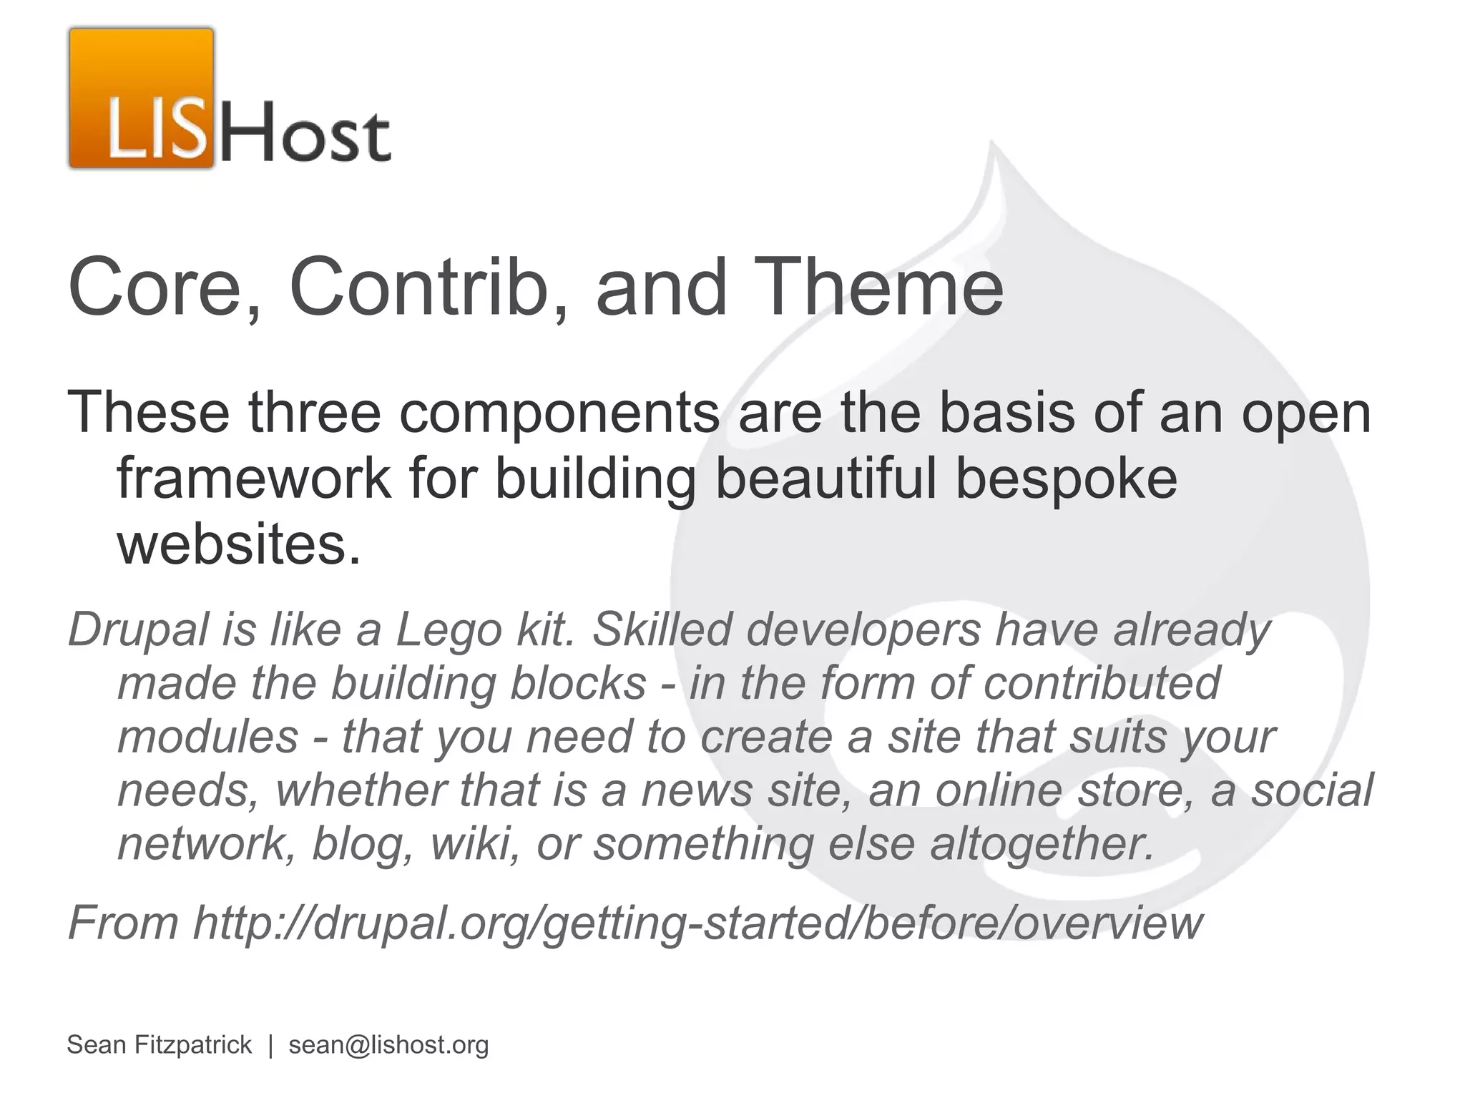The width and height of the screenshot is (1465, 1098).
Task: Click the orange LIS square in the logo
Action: [x=142, y=99]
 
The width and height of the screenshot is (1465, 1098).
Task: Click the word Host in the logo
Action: [x=303, y=134]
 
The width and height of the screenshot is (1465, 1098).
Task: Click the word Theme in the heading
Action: [x=886, y=288]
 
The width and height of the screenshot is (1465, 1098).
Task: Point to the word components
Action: [x=559, y=413]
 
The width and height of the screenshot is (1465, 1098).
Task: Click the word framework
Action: [x=254, y=479]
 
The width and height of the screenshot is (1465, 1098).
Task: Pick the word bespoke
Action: [x=1066, y=479]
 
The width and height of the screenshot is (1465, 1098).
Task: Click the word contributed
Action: [x=1102, y=683]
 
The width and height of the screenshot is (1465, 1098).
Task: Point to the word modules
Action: [x=207, y=737]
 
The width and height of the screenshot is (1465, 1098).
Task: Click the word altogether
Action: [x=1042, y=844]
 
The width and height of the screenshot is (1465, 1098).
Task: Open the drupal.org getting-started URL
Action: [x=697, y=923]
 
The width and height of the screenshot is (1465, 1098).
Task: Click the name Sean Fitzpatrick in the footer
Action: [x=159, y=1045]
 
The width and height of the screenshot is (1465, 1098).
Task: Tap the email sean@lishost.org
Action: [x=388, y=1045]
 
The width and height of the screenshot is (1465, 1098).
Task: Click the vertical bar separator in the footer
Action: [x=270, y=1045]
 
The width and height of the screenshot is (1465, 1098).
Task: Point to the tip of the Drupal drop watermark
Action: [x=993, y=147]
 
